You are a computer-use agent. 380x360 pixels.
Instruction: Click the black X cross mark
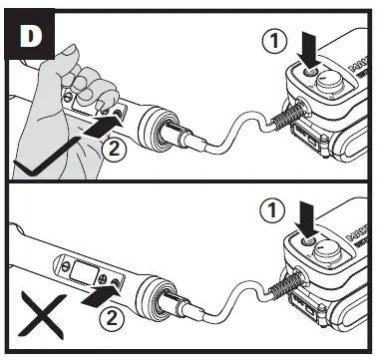tap(39, 318)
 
